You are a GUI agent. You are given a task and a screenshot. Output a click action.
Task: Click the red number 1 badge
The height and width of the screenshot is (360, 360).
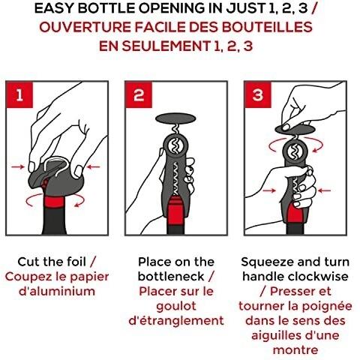[x=19, y=95]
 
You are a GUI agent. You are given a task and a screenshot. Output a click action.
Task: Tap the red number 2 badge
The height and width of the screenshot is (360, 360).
[x=139, y=95]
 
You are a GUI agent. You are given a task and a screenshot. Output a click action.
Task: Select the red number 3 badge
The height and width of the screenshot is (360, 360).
[x=258, y=95]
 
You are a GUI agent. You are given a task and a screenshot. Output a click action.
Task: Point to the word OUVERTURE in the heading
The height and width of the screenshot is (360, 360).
[x=85, y=27]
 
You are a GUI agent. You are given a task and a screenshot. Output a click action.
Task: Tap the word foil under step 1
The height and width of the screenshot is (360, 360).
[x=76, y=262]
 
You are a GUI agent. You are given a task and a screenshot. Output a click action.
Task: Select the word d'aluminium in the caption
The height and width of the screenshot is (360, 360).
[x=57, y=291]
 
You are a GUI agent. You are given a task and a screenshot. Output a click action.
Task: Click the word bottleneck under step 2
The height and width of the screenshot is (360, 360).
[x=171, y=277]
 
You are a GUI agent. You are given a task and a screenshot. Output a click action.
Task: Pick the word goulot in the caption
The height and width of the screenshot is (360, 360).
[x=176, y=306]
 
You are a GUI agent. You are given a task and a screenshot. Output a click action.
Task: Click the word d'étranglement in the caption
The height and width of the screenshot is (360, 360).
[x=176, y=321]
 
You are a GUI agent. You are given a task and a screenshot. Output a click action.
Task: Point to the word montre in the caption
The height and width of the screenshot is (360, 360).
[x=295, y=350]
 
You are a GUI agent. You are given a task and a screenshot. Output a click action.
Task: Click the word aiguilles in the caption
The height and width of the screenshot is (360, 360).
[x=277, y=335]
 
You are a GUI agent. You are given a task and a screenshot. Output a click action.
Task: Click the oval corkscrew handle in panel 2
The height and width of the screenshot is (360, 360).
[x=175, y=118]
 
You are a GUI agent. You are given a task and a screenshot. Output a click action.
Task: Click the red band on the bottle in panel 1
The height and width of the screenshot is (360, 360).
[x=55, y=202]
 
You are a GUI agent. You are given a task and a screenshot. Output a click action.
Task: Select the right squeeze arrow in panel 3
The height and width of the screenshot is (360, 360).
[x=325, y=190]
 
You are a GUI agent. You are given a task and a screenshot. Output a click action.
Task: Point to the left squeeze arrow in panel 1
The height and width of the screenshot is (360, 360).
[x=18, y=166]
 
